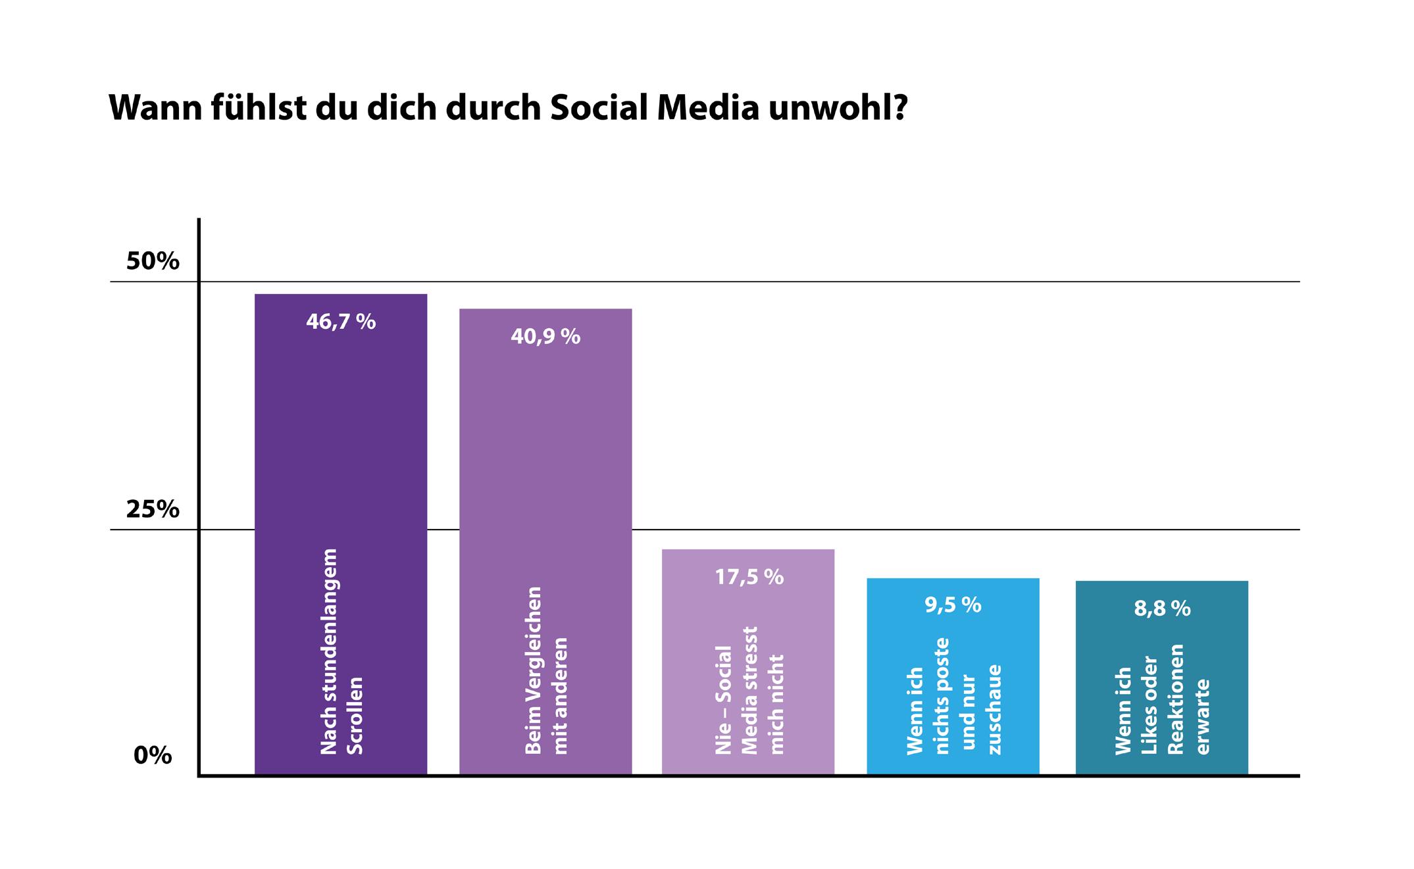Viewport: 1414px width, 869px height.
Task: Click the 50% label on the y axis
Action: [153, 261]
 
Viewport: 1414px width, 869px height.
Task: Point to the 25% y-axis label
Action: [153, 509]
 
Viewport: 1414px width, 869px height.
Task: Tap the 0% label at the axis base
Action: [153, 756]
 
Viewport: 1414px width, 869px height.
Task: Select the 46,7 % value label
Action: [341, 322]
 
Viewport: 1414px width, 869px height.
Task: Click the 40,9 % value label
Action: [545, 337]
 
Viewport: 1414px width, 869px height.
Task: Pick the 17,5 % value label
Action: [749, 577]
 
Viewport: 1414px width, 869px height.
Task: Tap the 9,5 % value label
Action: [953, 605]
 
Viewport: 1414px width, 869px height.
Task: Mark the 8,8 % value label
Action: [1162, 608]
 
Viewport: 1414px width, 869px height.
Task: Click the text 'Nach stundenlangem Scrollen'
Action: [341, 651]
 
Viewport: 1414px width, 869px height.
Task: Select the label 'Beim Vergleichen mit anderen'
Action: [545, 670]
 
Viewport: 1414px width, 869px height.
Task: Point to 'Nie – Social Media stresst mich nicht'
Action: [749, 690]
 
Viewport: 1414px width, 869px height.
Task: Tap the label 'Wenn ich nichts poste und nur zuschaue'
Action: [953, 696]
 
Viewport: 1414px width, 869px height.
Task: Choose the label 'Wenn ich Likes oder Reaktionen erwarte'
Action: [1162, 699]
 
